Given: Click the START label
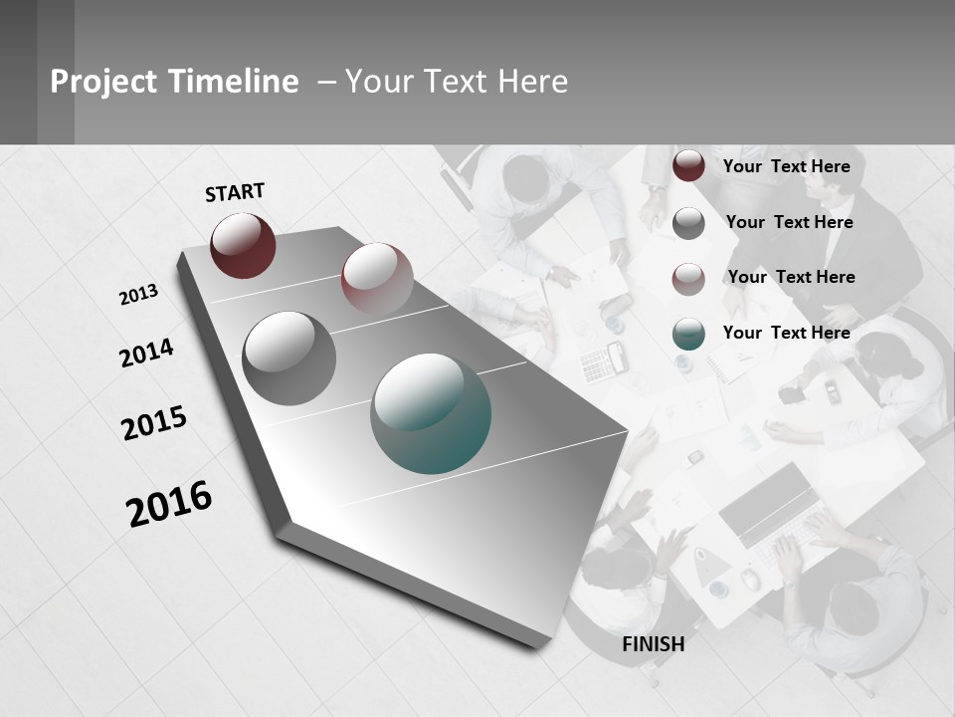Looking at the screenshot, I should (235, 192).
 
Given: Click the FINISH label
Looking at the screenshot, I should (653, 644).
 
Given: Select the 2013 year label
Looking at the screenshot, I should (138, 295).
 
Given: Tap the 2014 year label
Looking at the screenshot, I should (146, 353).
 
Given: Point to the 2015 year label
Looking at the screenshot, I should (154, 423).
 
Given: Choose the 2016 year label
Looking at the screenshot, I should (169, 504).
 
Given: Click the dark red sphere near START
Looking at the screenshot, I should (243, 245).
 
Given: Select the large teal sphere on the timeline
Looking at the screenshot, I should (431, 413).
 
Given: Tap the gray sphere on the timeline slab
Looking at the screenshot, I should (288, 358).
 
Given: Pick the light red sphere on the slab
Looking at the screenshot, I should (377, 277).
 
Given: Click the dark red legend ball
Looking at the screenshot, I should (688, 166).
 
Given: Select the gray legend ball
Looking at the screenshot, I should (688, 223).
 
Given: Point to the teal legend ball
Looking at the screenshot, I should (688, 334).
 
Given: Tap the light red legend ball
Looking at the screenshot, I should (688, 278).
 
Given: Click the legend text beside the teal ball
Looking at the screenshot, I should (786, 333).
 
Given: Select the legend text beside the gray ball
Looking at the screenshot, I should (789, 222).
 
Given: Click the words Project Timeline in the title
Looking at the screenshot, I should (174, 82).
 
